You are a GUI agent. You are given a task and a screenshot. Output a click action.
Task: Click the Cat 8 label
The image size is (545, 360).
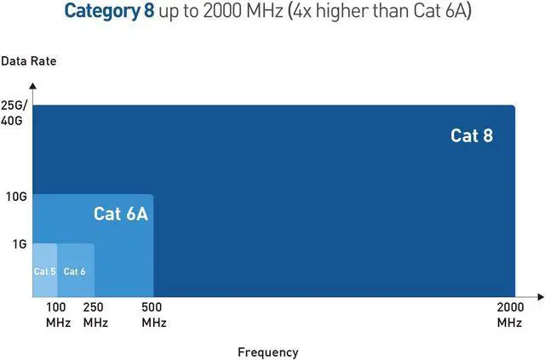pyautogui.click(x=471, y=135)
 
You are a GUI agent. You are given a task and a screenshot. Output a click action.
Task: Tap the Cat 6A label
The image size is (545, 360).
pyautogui.click(x=120, y=214)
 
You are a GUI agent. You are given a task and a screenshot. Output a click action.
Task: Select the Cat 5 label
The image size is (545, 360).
pyautogui.click(x=44, y=271)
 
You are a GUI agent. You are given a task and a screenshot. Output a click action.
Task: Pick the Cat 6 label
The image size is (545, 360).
pyautogui.click(x=75, y=271)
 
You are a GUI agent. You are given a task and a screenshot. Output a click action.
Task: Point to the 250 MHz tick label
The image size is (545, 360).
pyautogui.click(x=95, y=315)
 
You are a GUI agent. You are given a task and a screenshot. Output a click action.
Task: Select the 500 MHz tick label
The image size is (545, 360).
pyautogui.click(x=154, y=315)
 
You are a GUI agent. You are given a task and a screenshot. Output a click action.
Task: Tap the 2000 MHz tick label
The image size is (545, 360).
pyautogui.click(x=509, y=315)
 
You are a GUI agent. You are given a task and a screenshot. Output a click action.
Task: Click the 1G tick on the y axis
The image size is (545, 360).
pyautogui.click(x=19, y=244)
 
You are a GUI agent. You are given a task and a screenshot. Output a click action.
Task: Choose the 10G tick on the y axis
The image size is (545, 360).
pyautogui.click(x=17, y=197)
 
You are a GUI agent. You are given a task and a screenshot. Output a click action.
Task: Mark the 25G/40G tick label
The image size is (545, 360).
pyautogui.click(x=14, y=112)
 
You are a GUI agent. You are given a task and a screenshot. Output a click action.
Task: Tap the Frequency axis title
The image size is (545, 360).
pyautogui.click(x=267, y=352)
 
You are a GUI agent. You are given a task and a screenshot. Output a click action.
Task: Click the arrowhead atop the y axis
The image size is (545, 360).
pyautogui.click(x=32, y=85)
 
